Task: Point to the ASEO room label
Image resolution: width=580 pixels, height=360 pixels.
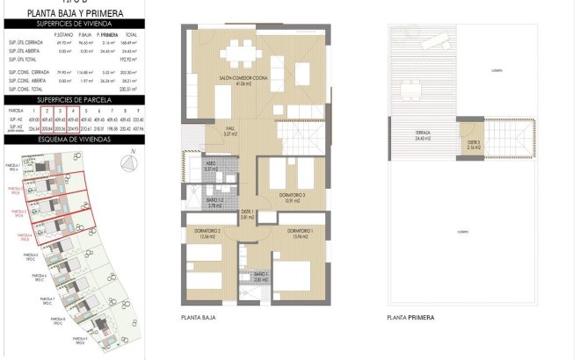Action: [211, 164]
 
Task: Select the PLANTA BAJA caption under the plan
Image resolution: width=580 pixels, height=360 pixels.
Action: [197, 317]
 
